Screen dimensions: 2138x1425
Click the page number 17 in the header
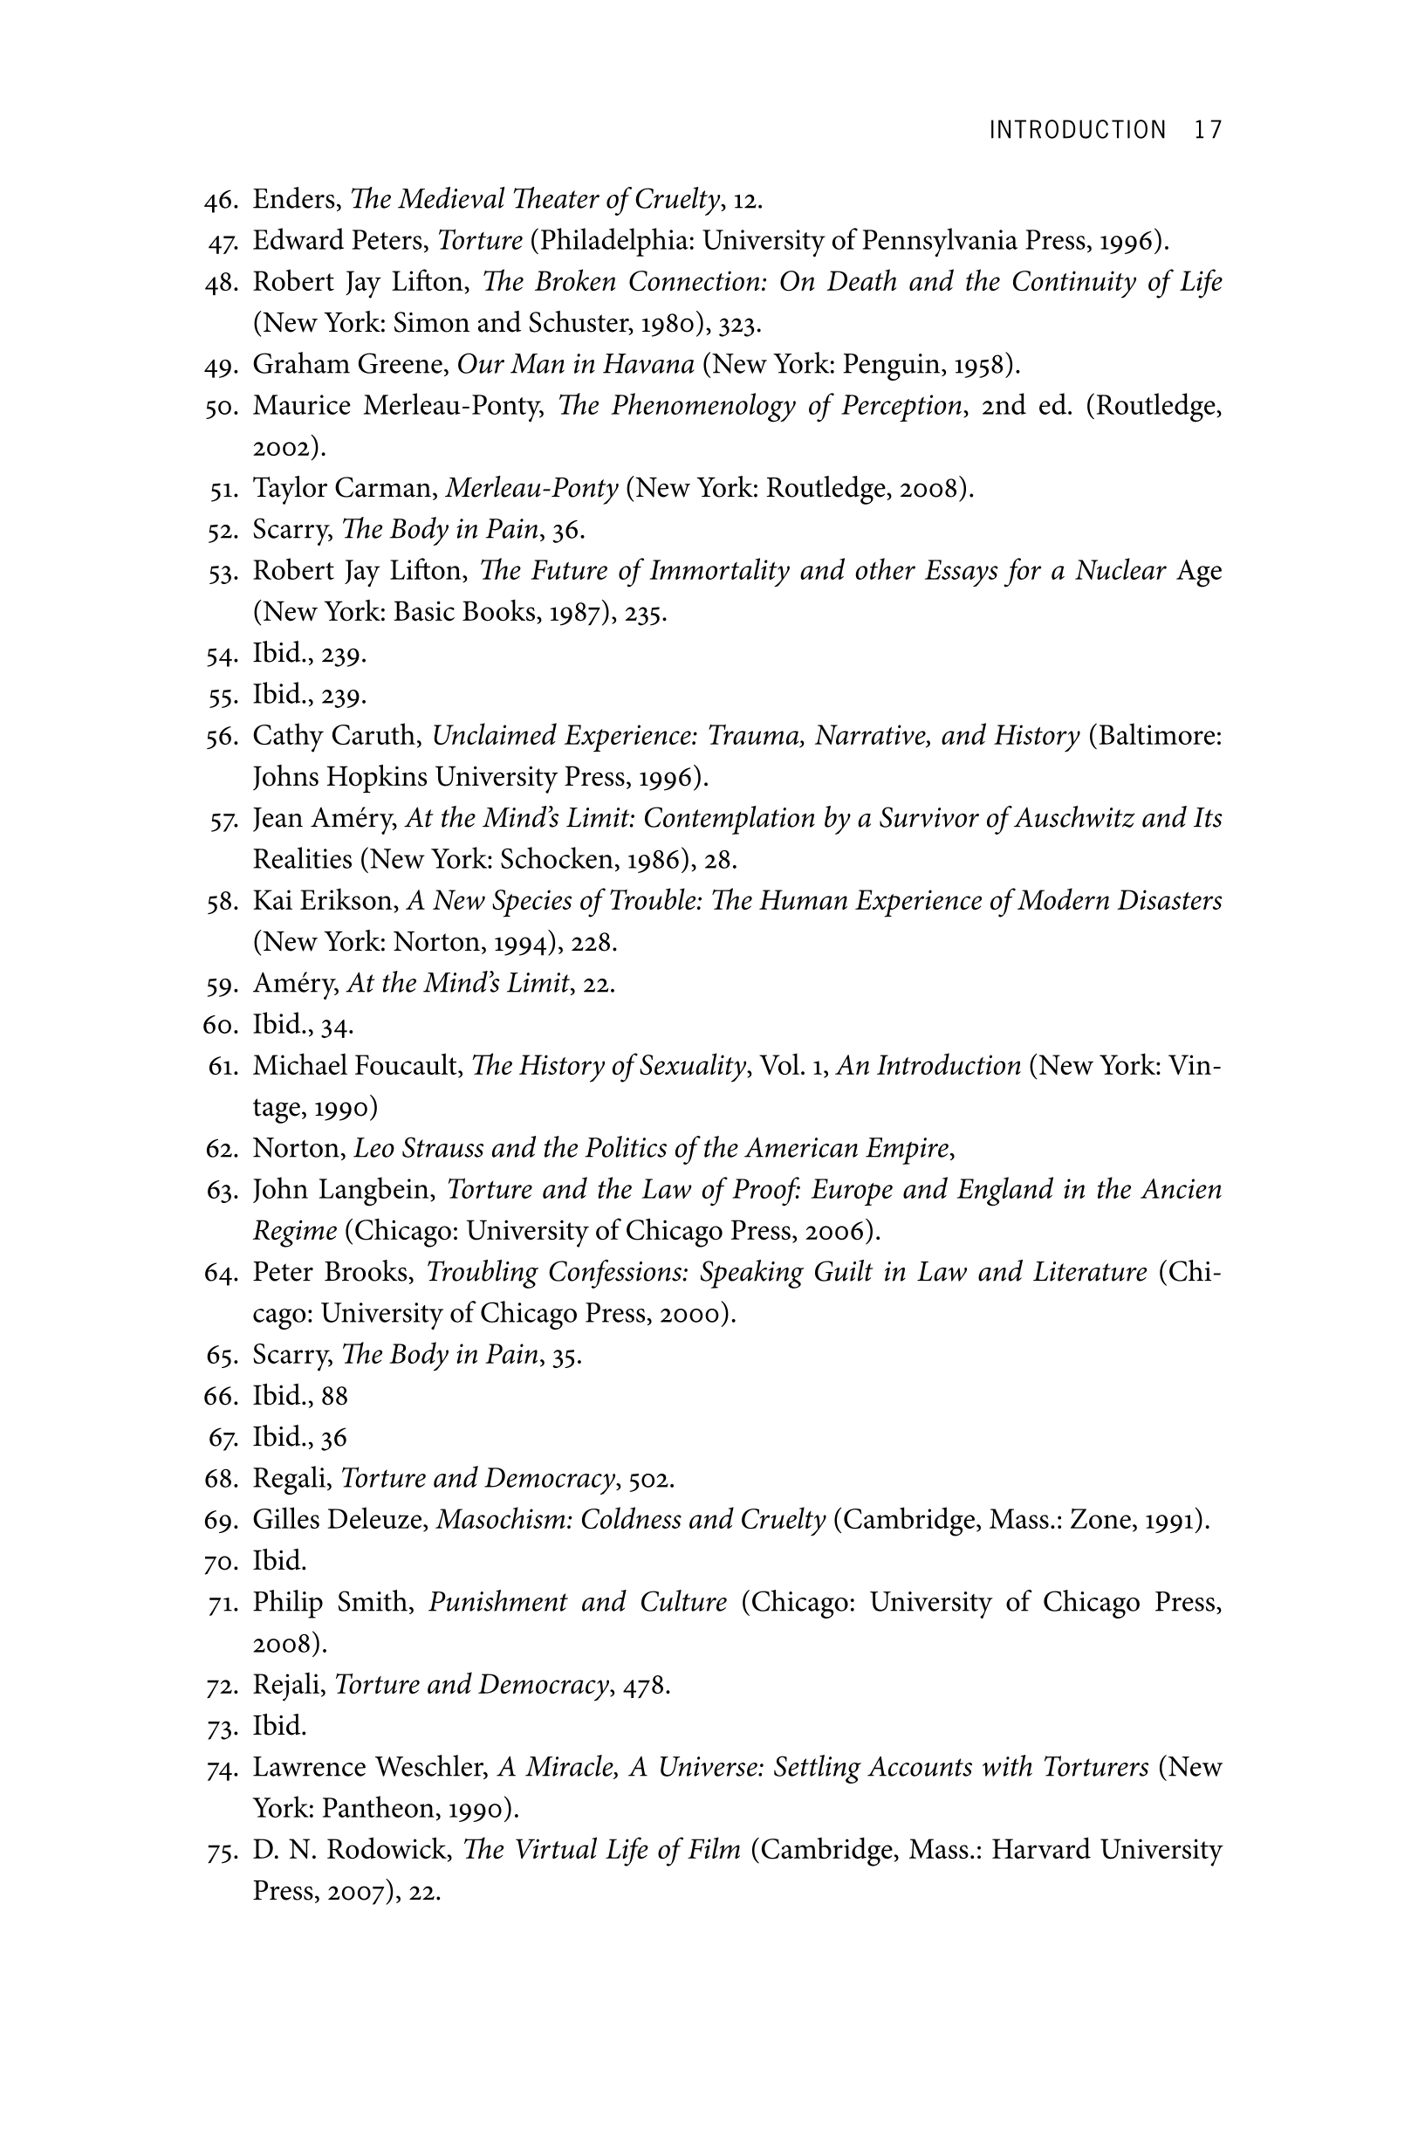(x=1208, y=130)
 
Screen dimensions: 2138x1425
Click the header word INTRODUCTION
(x=1077, y=130)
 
